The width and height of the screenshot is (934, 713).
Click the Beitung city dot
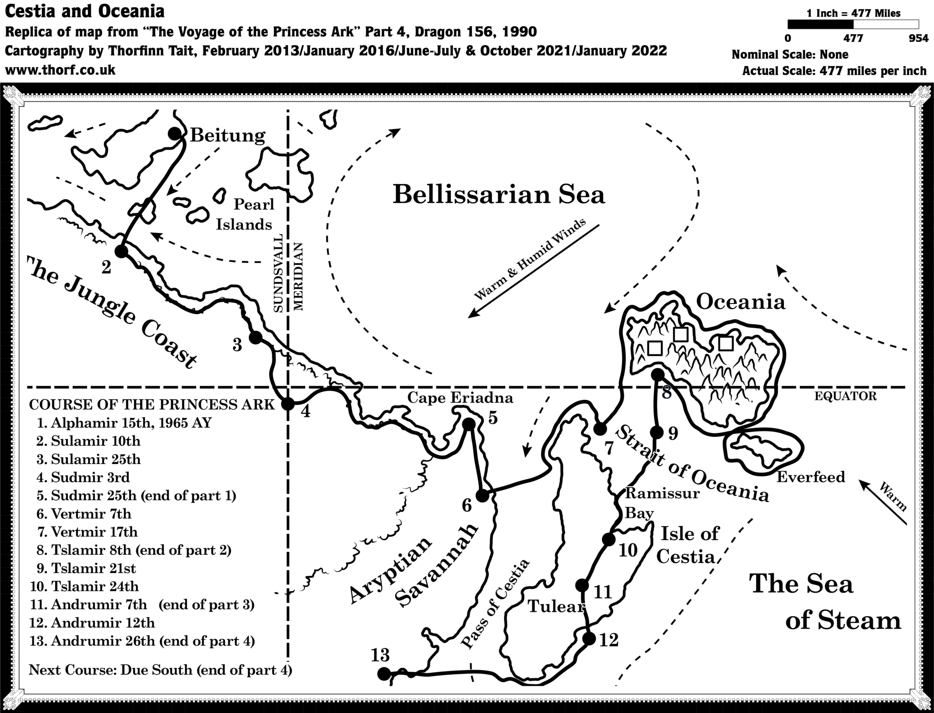pos(175,134)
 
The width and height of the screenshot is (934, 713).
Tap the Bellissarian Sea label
pos(498,195)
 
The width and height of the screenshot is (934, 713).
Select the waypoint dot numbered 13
pos(384,673)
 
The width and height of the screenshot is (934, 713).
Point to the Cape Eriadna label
pos(460,398)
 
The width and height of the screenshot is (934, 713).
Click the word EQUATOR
pos(845,396)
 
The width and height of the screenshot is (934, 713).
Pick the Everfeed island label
pos(810,477)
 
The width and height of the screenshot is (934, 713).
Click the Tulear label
pos(555,606)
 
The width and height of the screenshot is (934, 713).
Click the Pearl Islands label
pos(249,214)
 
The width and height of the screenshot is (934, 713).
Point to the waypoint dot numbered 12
pos(589,639)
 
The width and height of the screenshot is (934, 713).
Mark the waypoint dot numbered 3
pos(255,338)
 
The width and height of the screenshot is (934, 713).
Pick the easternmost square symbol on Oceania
pos(725,343)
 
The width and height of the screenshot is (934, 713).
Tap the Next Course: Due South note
pos(160,670)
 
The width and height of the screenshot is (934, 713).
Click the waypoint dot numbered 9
pos(656,432)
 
